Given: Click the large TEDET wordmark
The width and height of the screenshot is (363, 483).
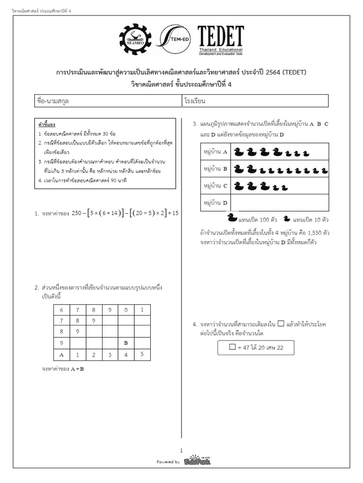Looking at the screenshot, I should click(x=220, y=37).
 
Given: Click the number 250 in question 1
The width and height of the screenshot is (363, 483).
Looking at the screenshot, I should click(x=77, y=213).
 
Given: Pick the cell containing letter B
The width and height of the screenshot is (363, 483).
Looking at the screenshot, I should click(x=126, y=343).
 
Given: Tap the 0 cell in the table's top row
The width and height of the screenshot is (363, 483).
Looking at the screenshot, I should click(x=126, y=310).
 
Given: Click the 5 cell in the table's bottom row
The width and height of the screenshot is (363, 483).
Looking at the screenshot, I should click(x=142, y=354).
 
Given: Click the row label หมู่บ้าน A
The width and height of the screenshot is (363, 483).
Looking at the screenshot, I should click(x=216, y=152).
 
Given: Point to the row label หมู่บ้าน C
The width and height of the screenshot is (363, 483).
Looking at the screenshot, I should click(x=216, y=186).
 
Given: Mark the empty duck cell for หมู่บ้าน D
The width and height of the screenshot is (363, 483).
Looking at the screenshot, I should click(x=279, y=203).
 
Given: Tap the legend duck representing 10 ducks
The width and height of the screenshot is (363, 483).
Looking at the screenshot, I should click(x=287, y=218).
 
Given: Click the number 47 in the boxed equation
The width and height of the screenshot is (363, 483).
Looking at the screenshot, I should click(x=249, y=348).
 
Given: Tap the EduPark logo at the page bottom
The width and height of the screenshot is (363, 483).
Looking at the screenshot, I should click(x=193, y=460).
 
